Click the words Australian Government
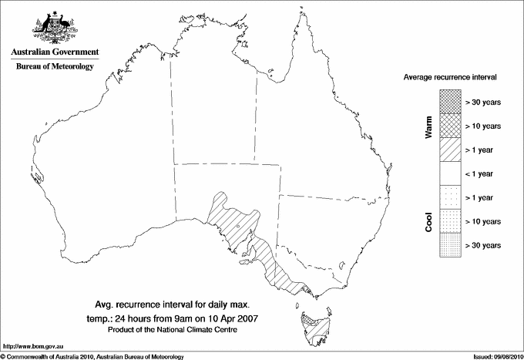pos(54,52)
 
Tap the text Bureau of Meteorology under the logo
pos(54,66)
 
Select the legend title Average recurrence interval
pos(450,78)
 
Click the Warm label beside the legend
pos(429,126)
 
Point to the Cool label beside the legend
pos(429,221)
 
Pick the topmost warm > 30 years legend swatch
pos(449,101)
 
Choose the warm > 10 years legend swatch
pos(449,125)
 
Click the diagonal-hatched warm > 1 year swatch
pos(449,149)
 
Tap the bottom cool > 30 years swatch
pos(449,244)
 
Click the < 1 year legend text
pos(482,173)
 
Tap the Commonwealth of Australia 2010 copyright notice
pos(92,356)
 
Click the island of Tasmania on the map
pos(313,328)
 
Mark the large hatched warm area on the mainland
pos(239,231)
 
